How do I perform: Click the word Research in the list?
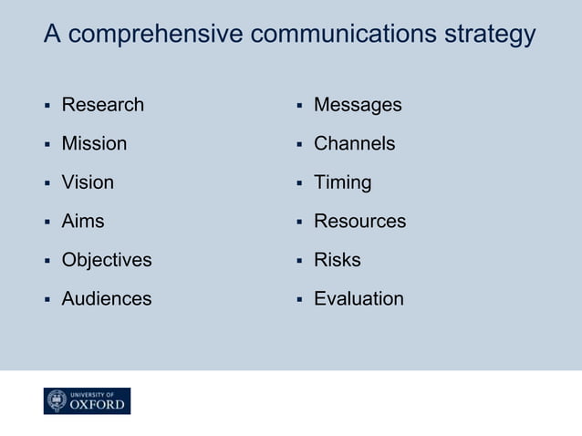tap(102, 105)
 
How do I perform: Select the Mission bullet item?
tap(94, 143)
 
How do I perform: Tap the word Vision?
tap(88, 182)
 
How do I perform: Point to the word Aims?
tap(83, 221)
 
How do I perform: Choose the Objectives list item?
tap(107, 260)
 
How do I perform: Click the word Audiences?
tap(107, 298)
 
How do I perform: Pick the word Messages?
tap(358, 105)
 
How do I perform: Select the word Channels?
tap(354, 143)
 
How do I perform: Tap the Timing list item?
tap(342, 182)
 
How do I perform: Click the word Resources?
tap(359, 221)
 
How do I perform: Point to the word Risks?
tap(337, 260)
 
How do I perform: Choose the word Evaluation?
tap(359, 298)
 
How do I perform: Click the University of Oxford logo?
tap(87, 401)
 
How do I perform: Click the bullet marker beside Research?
tap(47, 106)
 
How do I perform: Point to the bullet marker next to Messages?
tap(299, 106)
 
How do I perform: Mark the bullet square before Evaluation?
tap(299, 299)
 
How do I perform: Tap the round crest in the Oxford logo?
tap(57, 401)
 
